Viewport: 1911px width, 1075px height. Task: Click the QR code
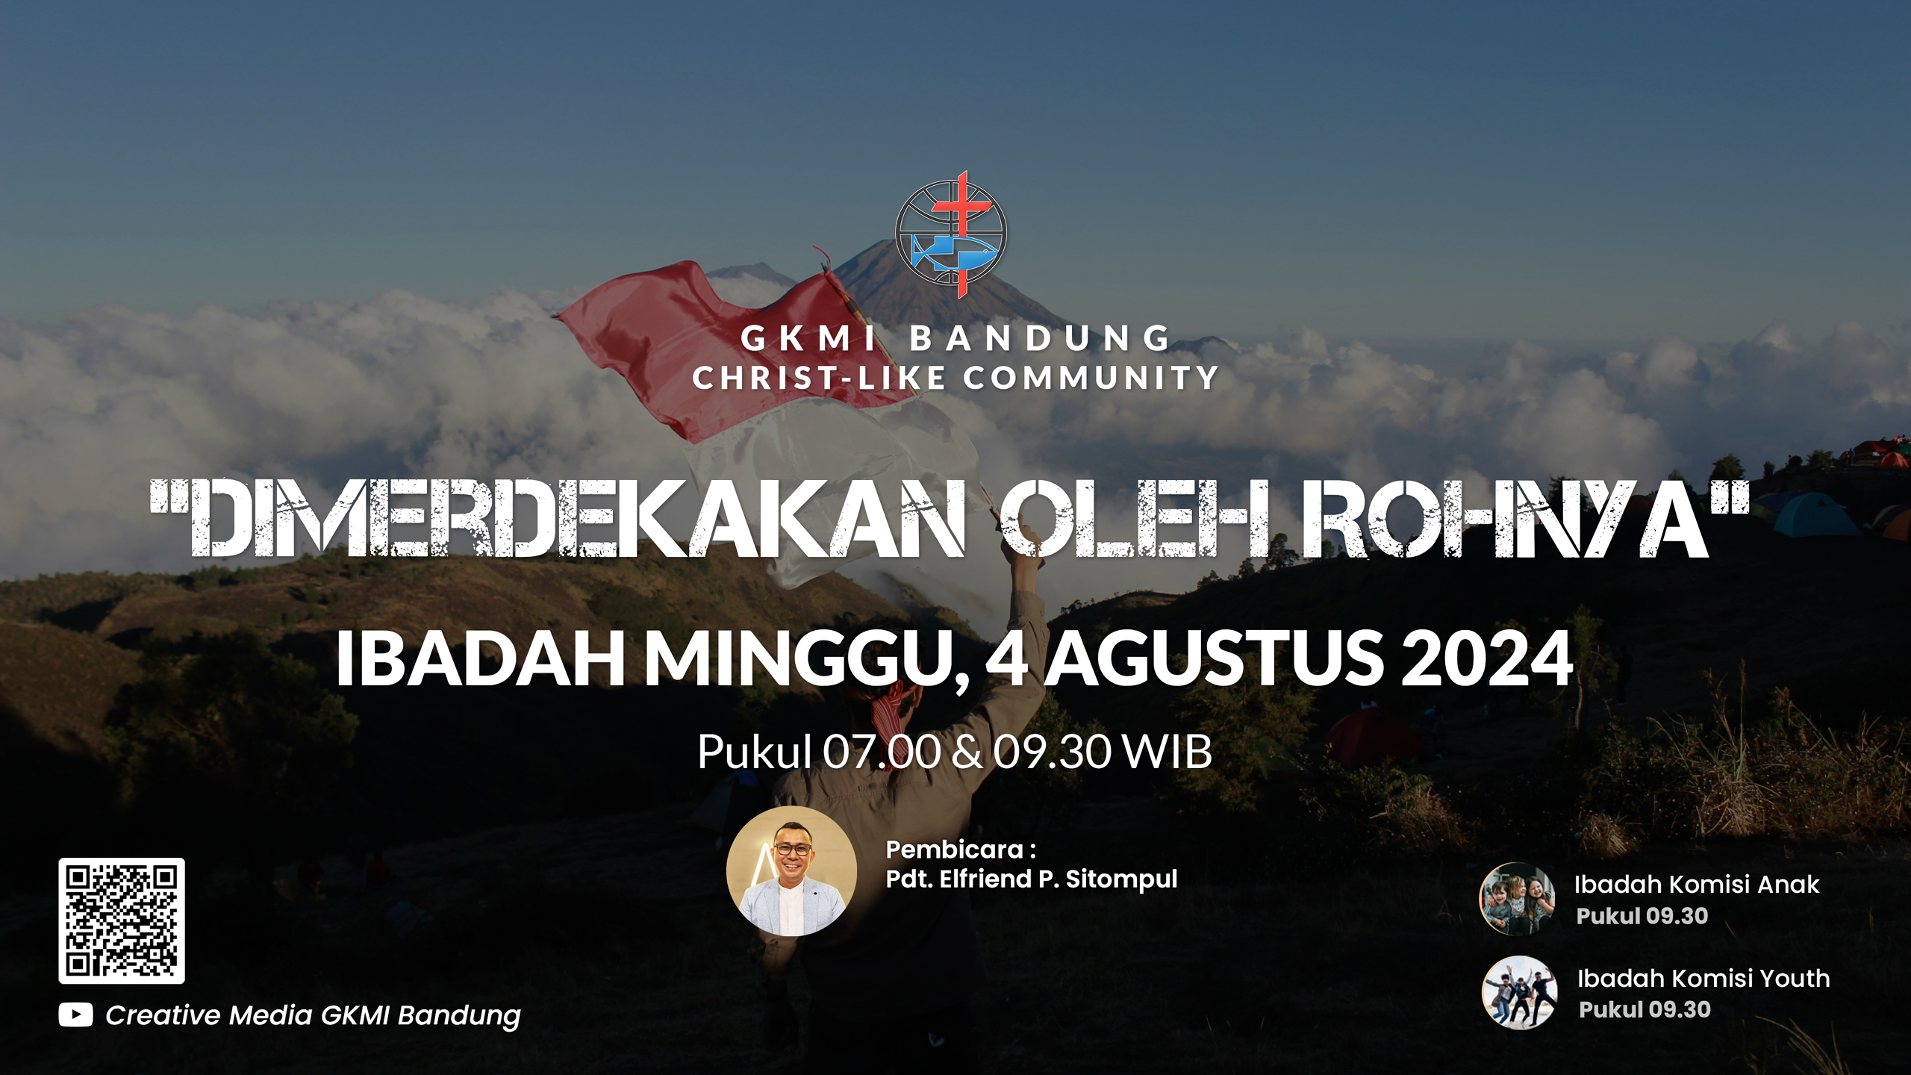[x=122, y=920]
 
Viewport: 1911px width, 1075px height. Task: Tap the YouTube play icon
[x=75, y=1015]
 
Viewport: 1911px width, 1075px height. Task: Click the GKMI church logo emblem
[x=952, y=234]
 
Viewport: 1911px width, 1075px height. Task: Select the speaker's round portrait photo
[x=791, y=871]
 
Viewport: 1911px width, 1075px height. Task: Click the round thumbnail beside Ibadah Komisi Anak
[x=1518, y=899]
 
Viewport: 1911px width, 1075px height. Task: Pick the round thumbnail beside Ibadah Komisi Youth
[x=1520, y=993]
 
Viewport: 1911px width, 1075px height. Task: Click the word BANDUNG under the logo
[x=1040, y=339]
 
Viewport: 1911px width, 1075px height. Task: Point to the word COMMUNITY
[x=1091, y=378]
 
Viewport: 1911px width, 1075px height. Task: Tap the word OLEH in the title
[x=1135, y=518]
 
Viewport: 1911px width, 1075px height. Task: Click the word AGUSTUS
[x=1215, y=658]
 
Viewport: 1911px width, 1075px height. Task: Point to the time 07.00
[x=882, y=752]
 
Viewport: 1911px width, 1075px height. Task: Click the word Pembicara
[x=954, y=850]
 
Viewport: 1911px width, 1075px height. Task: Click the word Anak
[x=1789, y=885]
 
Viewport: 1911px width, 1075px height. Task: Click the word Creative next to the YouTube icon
[x=163, y=1015]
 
